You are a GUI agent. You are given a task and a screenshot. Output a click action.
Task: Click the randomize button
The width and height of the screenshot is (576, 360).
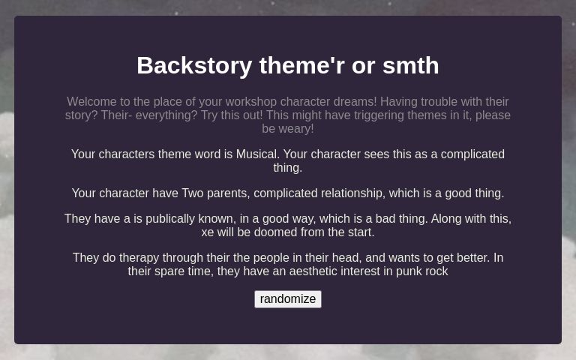click(288, 299)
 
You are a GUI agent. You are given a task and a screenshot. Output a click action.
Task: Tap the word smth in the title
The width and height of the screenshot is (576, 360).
click(410, 66)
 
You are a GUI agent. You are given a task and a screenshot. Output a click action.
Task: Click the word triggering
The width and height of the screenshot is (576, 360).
click(375, 115)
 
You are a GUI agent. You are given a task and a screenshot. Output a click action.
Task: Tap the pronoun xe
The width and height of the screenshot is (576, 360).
click(208, 232)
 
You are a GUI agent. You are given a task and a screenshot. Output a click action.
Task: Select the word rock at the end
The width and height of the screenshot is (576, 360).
click(437, 271)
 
